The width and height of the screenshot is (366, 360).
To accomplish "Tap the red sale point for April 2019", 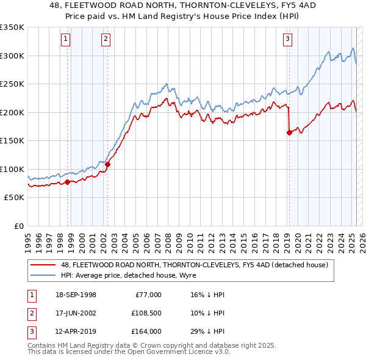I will pyautogui.click(x=289, y=133).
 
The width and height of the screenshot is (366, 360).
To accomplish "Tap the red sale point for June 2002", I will pyautogui.click(x=107, y=164).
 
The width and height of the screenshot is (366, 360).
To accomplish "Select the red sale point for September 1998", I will pyautogui.click(x=68, y=182).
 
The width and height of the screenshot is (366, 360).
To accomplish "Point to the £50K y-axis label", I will pyautogui.click(x=15, y=198).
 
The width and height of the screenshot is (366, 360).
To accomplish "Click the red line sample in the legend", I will pyautogui.click(x=43, y=265).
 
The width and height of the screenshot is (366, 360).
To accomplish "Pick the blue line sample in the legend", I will pyautogui.click(x=43, y=275).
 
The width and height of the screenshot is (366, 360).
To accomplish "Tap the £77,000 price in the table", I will pyautogui.click(x=148, y=295).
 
